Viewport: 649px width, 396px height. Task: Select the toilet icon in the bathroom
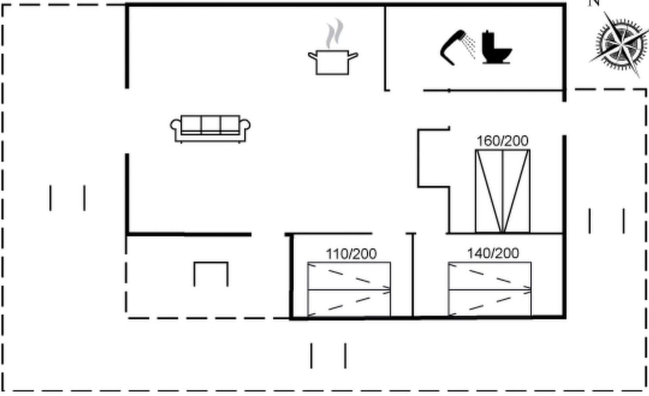point(496,47)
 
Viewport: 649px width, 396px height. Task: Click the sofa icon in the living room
point(210,128)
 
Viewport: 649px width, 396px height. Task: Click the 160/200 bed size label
point(502,141)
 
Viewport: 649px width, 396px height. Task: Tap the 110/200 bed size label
point(351,253)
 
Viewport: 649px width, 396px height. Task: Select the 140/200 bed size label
point(493,253)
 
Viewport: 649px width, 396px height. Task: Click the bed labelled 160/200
point(502,191)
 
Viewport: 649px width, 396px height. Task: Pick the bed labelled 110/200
point(349,289)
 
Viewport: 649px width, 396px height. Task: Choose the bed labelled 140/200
point(489,289)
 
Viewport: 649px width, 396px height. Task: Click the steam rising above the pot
point(335,33)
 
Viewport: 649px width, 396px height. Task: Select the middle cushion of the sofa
point(210,124)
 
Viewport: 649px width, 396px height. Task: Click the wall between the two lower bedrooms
point(412,275)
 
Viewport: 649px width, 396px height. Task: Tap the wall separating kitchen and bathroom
point(385,48)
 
